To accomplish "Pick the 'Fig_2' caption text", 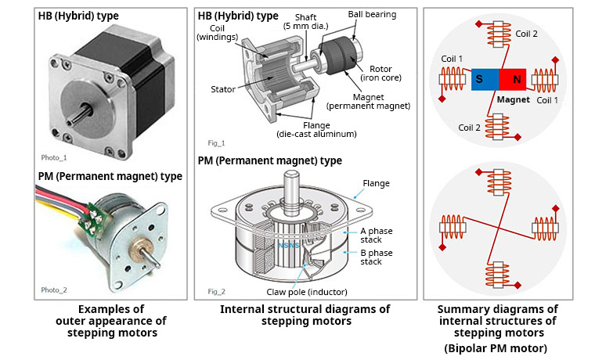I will [217, 290].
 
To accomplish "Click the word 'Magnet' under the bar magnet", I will [513, 100].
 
